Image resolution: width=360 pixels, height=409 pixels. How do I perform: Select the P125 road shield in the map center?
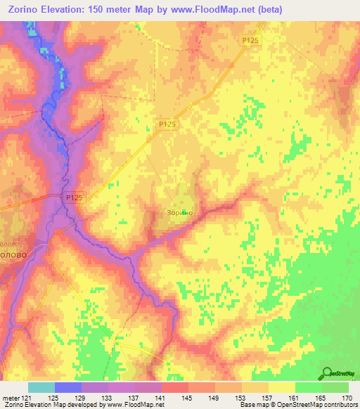167,124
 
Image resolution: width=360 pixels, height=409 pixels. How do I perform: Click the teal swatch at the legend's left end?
41,387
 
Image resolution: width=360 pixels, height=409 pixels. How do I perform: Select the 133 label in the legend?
108,398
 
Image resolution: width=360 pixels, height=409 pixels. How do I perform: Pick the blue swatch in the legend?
67,387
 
